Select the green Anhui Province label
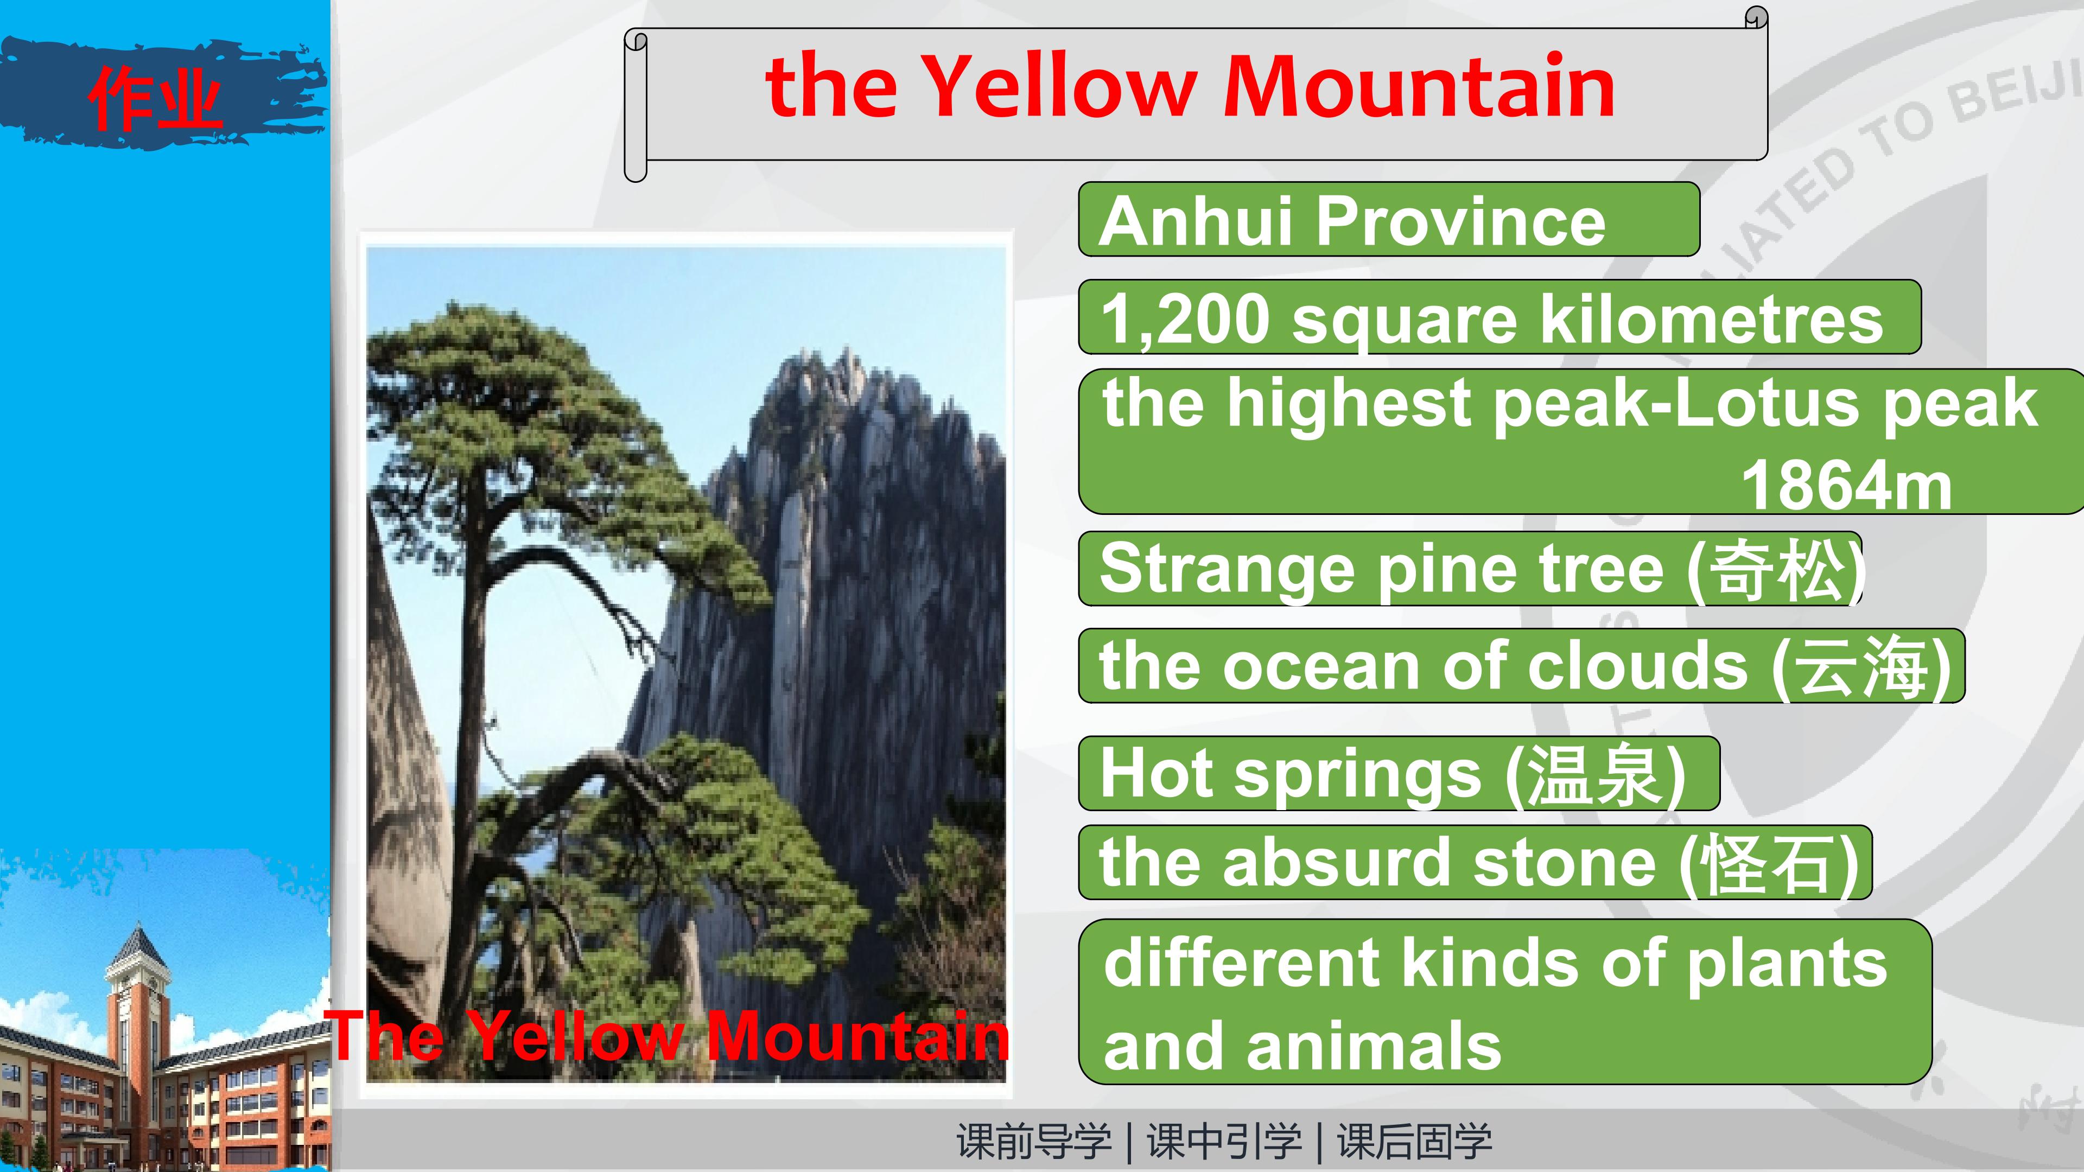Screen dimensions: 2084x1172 [x=1388, y=220]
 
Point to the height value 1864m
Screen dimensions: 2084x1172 [x=1846, y=485]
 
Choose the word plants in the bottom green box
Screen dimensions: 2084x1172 [x=1787, y=964]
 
